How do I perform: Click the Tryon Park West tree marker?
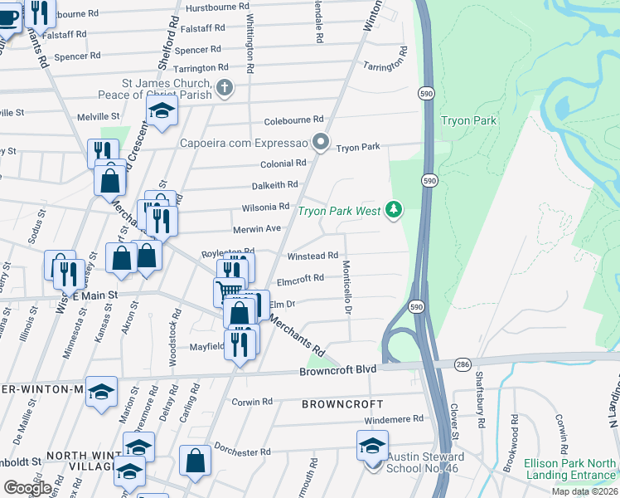click(x=395, y=210)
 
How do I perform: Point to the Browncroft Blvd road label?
click(x=338, y=369)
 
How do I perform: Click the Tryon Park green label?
click(x=469, y=120)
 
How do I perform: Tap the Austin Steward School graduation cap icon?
click(x=372, y=446)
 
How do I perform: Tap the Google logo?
click(x=27, y=488)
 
